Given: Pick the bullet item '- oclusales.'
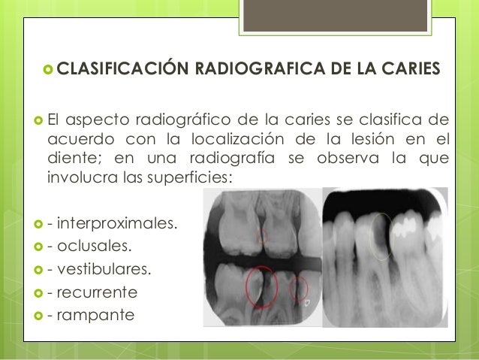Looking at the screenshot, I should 89,246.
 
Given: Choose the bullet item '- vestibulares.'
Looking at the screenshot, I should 98,268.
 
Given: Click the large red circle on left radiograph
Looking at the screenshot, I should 261,286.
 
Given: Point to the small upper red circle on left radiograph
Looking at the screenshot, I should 263,237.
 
